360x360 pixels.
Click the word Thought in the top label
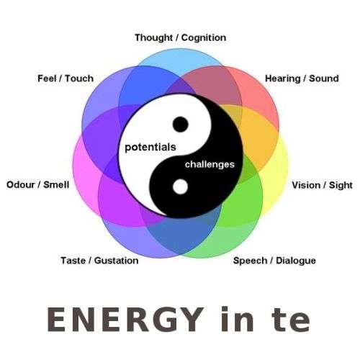pos(153,38)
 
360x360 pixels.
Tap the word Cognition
pos(204,38)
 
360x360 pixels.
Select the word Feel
pos(47,78)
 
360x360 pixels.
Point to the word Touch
pos(79,78)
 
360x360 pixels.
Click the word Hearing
pos(283,78)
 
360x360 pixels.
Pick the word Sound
pos(324,78)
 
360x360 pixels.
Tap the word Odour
pos(21,185)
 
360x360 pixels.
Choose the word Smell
pos(56,185)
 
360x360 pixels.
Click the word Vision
pos(306,185)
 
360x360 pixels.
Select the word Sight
pos(341,186)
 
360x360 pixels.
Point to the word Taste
pos(73,261)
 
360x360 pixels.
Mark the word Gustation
pos(117,261)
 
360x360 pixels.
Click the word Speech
pos(251,261)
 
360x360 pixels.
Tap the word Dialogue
pos(296,261)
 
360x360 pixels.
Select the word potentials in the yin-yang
pos(150,148)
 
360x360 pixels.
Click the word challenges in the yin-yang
pos(210,165)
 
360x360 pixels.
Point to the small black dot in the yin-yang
pos(181,125)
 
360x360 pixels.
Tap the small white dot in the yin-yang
pos(180,186)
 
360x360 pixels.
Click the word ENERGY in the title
pos(125,320)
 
